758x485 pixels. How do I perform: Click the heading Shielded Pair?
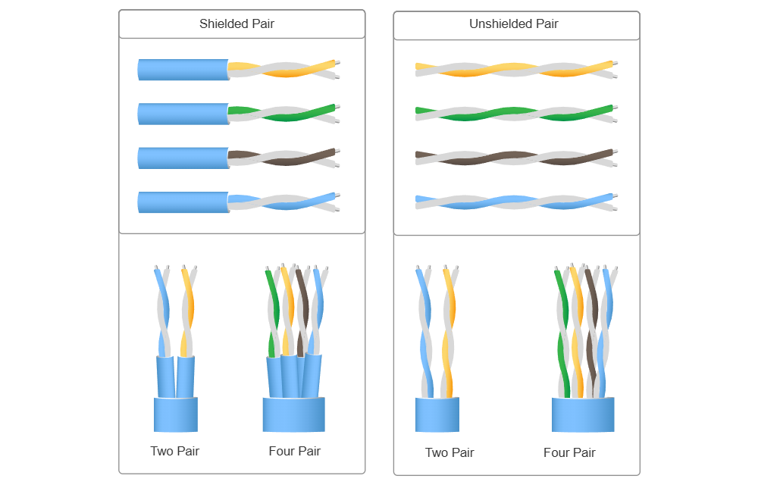pos(237,23)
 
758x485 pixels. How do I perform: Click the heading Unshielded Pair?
pos(513,23)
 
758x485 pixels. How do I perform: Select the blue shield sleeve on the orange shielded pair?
pos(183,70)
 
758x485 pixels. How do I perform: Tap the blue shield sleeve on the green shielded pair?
pos(183,114)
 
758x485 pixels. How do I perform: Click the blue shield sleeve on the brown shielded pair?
pos(183,158)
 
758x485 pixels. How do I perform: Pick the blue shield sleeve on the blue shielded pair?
pos(183,202)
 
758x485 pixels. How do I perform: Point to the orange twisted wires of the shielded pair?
pos(284,69)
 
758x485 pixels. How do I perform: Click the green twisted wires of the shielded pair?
pos(284,114)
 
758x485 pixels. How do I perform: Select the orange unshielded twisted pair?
pos(515,69)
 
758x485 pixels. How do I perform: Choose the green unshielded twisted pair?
pos(515,114)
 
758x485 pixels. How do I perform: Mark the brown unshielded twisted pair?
pos(515,158)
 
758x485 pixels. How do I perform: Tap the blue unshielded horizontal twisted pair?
pos(515,202)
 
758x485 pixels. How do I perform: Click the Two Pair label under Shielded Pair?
pos(175,451)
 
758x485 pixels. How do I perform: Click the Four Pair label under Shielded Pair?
pos(294,451)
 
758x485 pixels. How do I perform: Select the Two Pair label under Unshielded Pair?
pos(449,452)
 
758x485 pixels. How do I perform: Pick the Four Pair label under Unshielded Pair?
pos(569,452)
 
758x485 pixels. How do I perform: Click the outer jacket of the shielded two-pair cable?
pos(176,414)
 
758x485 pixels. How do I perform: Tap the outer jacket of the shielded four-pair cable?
pos(293,415)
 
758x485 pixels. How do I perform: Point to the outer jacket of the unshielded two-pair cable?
pos(437,415)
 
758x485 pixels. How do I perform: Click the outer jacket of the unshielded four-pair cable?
pos(583,415)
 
